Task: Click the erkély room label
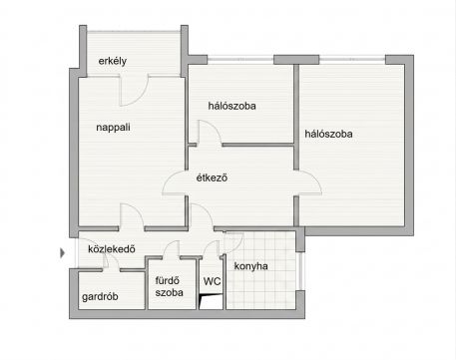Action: [x=113, y=62]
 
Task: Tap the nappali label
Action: [x=113, y=128]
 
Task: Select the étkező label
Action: [x=212, y=178]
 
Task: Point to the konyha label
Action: [x=250, y=266]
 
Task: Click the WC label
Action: [x=212, y=281]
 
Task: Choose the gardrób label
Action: [x=100, y=296]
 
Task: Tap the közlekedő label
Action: [x=112, y=249]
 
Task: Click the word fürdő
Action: [x=167, y=280]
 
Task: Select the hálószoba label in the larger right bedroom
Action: [x=328, y=134]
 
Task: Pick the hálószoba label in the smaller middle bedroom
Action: [x=231, y=106]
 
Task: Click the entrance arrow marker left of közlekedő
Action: [x=62, y=253]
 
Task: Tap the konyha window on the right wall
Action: [x=300, y=271]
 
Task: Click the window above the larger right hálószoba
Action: [x=352, y=60]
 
